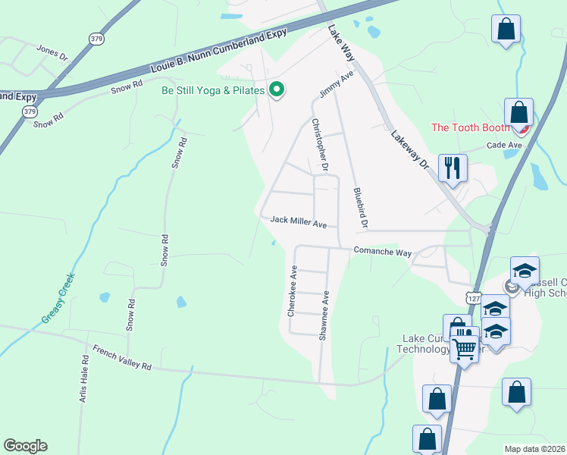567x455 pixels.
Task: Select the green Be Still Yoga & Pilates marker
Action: [x=277, y=90]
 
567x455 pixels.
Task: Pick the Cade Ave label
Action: [x=504, y=145]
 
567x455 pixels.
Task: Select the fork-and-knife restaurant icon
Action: [x=453, y=168]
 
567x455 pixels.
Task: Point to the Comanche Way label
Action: [x=382, y=251]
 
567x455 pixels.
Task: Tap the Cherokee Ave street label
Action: [x=292, y=290]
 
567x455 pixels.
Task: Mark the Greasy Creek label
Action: [x=57, y=296]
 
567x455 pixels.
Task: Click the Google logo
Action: [x=25, y=446]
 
